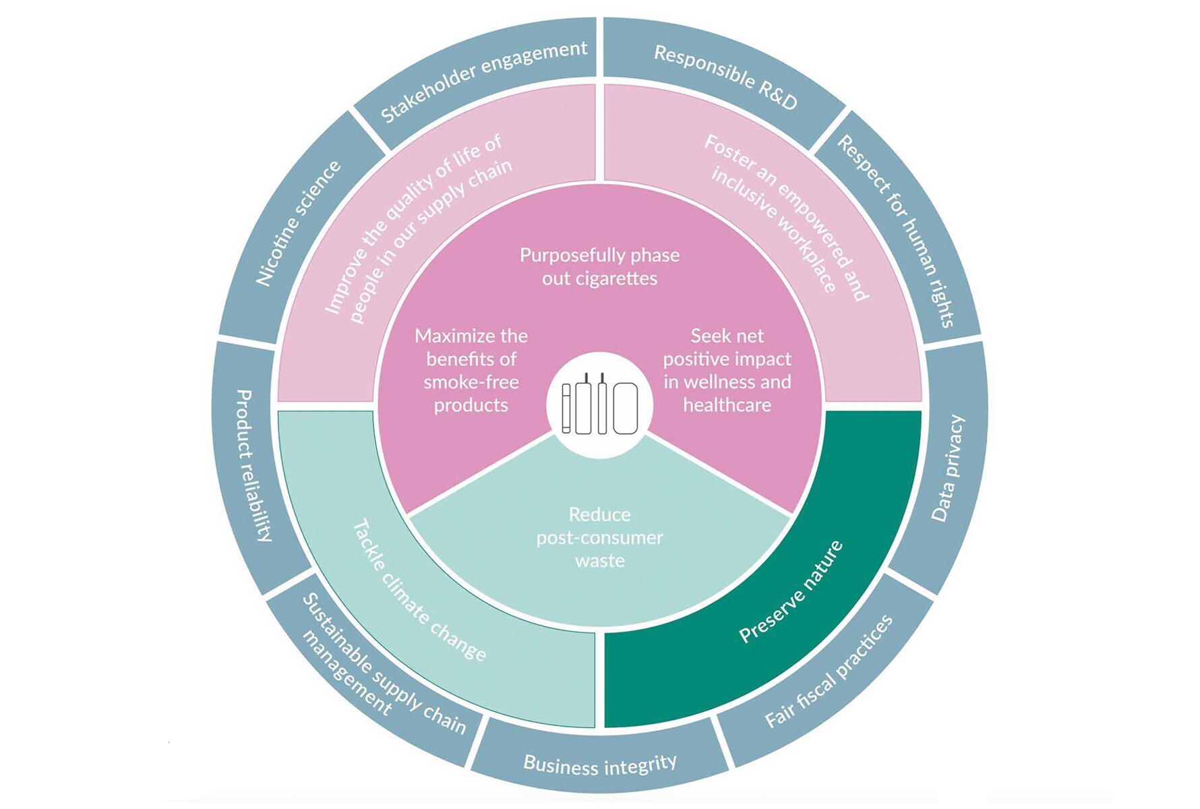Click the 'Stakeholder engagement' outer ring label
tap(484, 81)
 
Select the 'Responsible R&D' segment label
tap(725, 77)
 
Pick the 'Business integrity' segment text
tap(599, 765)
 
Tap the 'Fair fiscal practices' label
tap(829, 671)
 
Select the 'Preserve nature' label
tap(790, 592)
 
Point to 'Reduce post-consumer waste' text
tap(599, 537)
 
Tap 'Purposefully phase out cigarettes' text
tap(599, 266)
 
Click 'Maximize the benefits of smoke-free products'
tap(471, 370)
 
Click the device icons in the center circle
tap(599, 404)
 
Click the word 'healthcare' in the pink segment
tap(727, 404)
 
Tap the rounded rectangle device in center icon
tap(625, 408)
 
